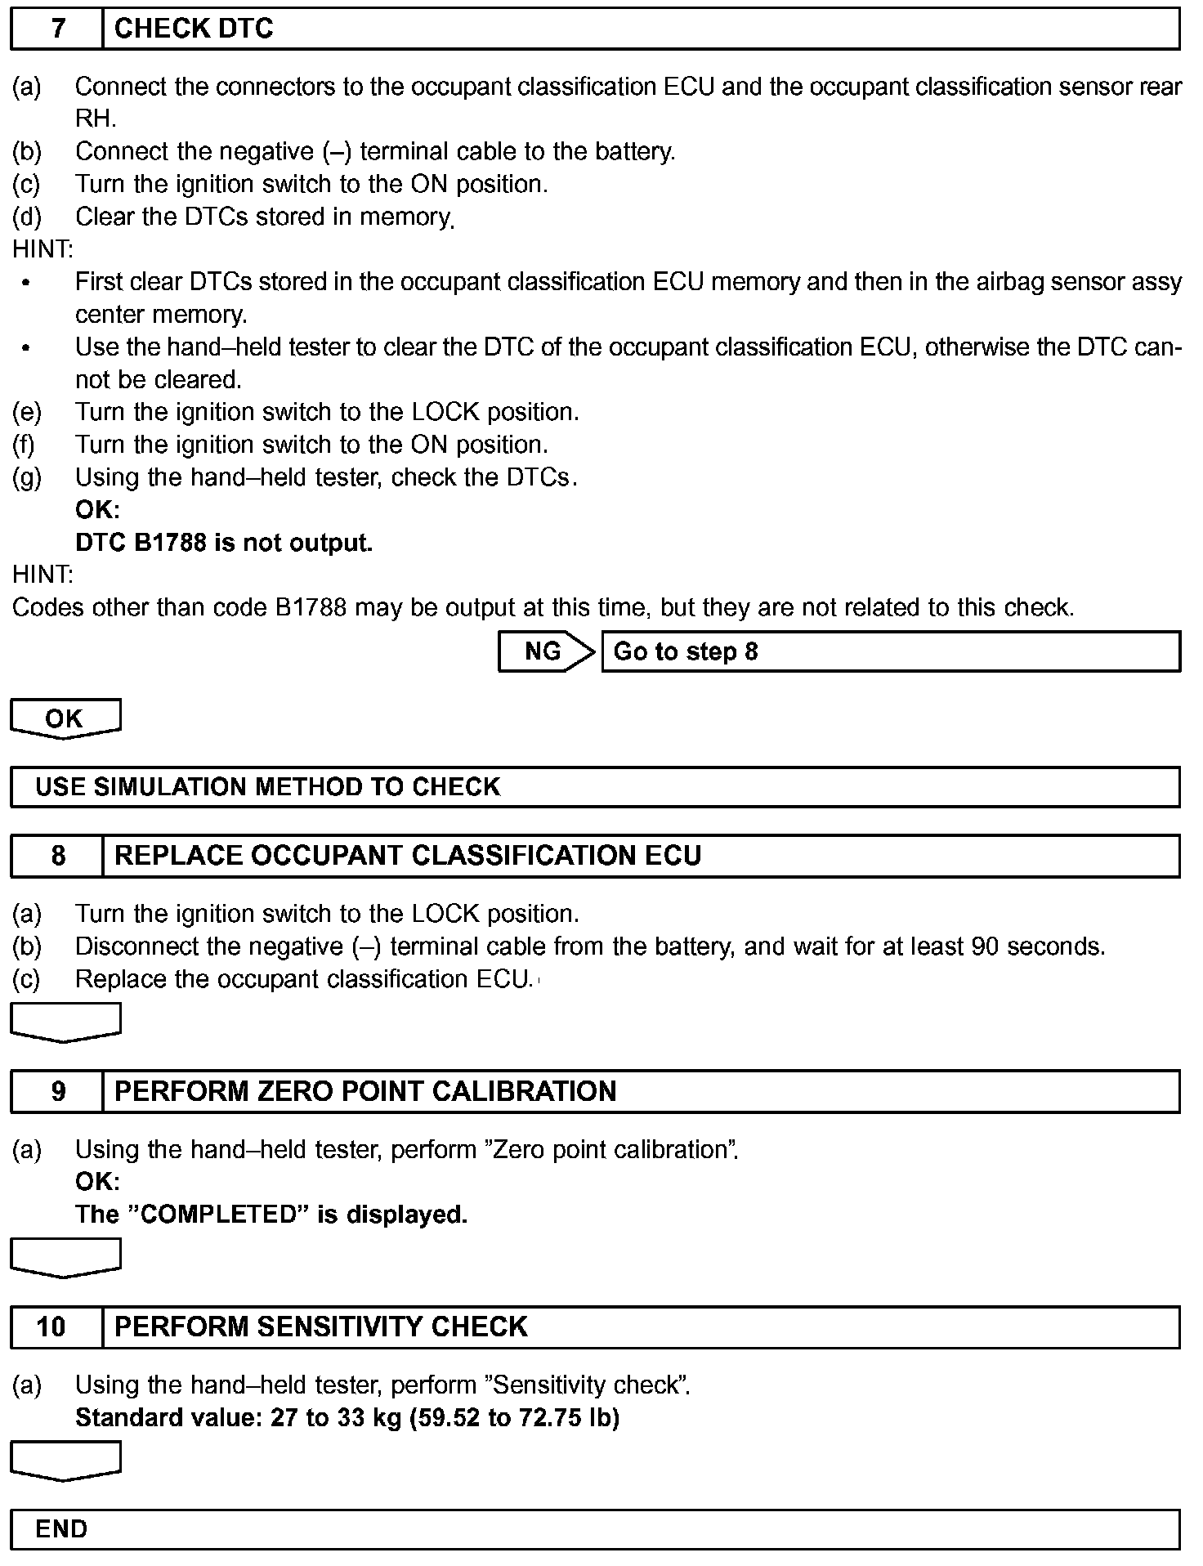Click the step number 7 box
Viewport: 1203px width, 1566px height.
point(57,29)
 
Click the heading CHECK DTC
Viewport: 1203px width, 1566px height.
point(194,29)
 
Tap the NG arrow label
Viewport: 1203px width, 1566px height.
point(543,651)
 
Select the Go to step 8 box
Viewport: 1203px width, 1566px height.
point(891,651)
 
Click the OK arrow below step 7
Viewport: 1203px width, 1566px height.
point(65,718)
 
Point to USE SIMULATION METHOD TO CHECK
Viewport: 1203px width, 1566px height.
point(267,787)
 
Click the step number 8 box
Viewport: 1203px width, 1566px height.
point(57,856)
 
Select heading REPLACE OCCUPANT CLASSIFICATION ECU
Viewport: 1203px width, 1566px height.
point(408,856)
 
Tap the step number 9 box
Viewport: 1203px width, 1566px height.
point(57,1091)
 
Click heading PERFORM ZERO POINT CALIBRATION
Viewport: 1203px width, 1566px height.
point(365,1091)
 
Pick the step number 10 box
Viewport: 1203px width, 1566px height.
point(53,1327)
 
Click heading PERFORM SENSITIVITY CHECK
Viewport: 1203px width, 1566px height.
point(321,1327)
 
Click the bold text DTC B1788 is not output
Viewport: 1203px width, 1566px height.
point(224,543)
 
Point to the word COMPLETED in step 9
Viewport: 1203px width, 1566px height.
point(217,1215)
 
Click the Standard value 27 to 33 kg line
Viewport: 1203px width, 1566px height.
point(347,1417)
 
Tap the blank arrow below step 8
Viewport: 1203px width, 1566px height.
point(65,1022)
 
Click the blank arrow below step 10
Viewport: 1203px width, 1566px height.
point(65,1460)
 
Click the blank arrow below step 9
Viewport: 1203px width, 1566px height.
point(65,1257)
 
